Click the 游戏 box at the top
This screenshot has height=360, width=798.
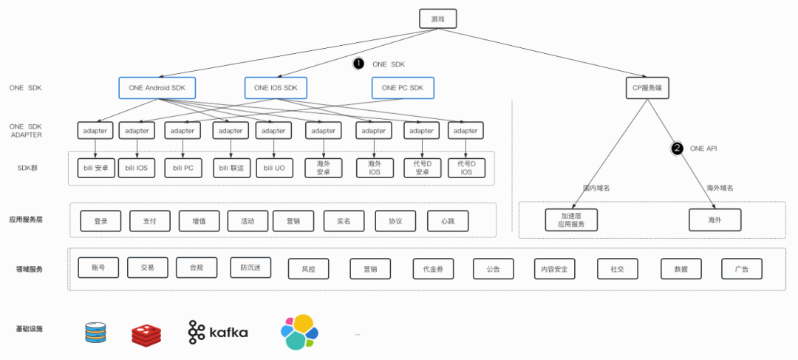tap(438, 18)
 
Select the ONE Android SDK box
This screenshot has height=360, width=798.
tap(157, 87)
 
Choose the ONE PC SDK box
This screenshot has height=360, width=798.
tap(403, 87)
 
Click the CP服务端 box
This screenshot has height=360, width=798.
tap(647, 87)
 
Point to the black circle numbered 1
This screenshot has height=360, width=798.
tap(359, 64)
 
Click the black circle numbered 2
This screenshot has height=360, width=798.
tap(677, 148)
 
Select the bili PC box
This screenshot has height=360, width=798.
tap(183, 168)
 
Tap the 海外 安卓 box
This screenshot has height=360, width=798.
tap(323, 168)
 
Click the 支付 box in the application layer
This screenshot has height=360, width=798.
tap(149, 220)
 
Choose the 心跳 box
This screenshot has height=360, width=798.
tap(447, 220)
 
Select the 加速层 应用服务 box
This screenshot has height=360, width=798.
tap(571, 220)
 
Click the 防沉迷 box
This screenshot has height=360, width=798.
tap(250, 267)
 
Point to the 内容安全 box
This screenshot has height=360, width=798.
tap(554, 269)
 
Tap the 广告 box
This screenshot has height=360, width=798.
tap(742, 269)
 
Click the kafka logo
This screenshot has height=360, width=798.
tap(218, 333)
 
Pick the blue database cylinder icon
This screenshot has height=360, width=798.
tap(96, 333)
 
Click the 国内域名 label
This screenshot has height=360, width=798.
tap(596, 188)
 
